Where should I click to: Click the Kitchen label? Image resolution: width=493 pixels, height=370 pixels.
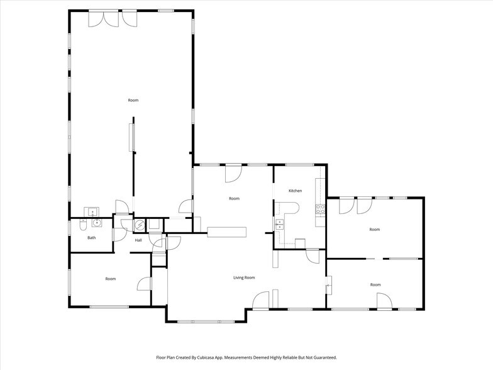click(x=296, y=191)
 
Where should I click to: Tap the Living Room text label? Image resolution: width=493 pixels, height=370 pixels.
click(x=244, y=277)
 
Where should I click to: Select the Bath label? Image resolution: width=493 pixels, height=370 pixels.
click(x=92, y=238)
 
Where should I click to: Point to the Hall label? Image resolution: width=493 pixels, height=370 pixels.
click(x=138, y=240)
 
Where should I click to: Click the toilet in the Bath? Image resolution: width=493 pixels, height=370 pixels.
click(x=83, y=225)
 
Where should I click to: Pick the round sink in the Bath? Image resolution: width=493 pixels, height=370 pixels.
click(x=97, y=223)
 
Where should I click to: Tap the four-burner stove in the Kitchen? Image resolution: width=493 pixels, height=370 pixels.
click(x=320, y=209)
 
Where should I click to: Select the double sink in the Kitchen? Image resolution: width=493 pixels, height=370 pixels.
click(x=279, y=225)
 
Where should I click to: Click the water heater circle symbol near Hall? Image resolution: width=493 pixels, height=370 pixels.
click(x=140, y=225)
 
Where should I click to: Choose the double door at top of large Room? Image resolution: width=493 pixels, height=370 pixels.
click(x=104, y=18)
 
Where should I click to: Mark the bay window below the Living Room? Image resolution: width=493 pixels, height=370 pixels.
click(x=206, y=322)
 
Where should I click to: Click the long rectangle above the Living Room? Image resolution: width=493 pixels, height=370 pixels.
click(x=227, y=232)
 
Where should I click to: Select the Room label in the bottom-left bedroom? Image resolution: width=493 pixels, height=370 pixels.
click(x=111, y=279)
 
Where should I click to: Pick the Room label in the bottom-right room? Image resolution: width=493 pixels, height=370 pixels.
click(x=375, y=284)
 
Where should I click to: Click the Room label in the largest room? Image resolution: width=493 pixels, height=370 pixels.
click(x=133, y=101)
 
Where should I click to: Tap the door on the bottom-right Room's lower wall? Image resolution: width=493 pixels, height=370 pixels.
click(x=384, y=301)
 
